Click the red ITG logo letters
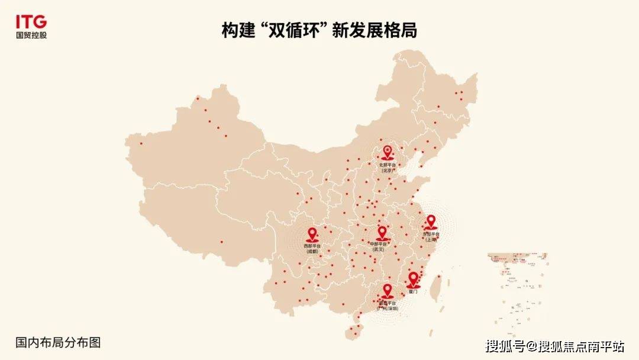[x=31, y=22]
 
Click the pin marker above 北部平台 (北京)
[x=388, y=152]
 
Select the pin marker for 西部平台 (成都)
[x=312, y=234]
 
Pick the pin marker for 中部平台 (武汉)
[x=382, y=233]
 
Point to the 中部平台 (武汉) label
[x=379, y=246]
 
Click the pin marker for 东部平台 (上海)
[x=431, y=222]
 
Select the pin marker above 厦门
[x=413, y=279]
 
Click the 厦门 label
[x=413, y=292]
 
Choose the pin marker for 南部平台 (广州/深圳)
[x=387, y=290]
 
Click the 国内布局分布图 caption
[x=58, y=342]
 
